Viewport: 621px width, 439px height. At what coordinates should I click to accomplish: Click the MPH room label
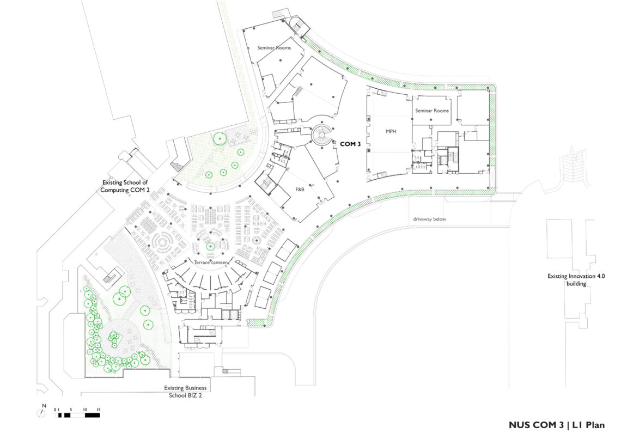pos(391,131)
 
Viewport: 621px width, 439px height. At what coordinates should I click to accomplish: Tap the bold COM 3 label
pos(350,144)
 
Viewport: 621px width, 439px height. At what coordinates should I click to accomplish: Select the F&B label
pos(300,190)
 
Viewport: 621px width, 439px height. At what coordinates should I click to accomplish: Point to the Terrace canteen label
pos(211,262)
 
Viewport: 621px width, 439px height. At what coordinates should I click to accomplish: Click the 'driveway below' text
pos(429,219)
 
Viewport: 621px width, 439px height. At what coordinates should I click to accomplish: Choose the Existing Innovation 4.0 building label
pos(576,280)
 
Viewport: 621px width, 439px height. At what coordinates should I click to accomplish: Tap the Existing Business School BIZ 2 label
pos(185,392)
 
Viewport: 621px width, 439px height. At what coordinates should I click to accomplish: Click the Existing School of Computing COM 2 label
pos(125,186)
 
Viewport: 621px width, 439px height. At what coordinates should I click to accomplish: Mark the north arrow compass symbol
pos(41,413)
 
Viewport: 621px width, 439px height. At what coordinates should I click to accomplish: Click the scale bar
pos(77,415)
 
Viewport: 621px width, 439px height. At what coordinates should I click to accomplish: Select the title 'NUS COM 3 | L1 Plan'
pos(557,425)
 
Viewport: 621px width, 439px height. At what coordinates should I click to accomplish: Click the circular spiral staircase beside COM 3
pos(322,134)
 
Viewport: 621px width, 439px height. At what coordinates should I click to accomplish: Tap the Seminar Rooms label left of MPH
pos(432,111)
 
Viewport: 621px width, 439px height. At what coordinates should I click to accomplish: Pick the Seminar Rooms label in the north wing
pos(274,48)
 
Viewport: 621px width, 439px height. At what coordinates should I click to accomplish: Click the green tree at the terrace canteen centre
pos(210,246)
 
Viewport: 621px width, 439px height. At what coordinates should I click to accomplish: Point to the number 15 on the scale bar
pos(98,410)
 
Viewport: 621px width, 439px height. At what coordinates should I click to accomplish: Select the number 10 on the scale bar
pos(85,410)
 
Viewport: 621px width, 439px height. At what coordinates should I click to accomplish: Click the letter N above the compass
pos(44,406)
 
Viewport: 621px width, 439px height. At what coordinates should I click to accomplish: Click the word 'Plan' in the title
pos(595,425)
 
